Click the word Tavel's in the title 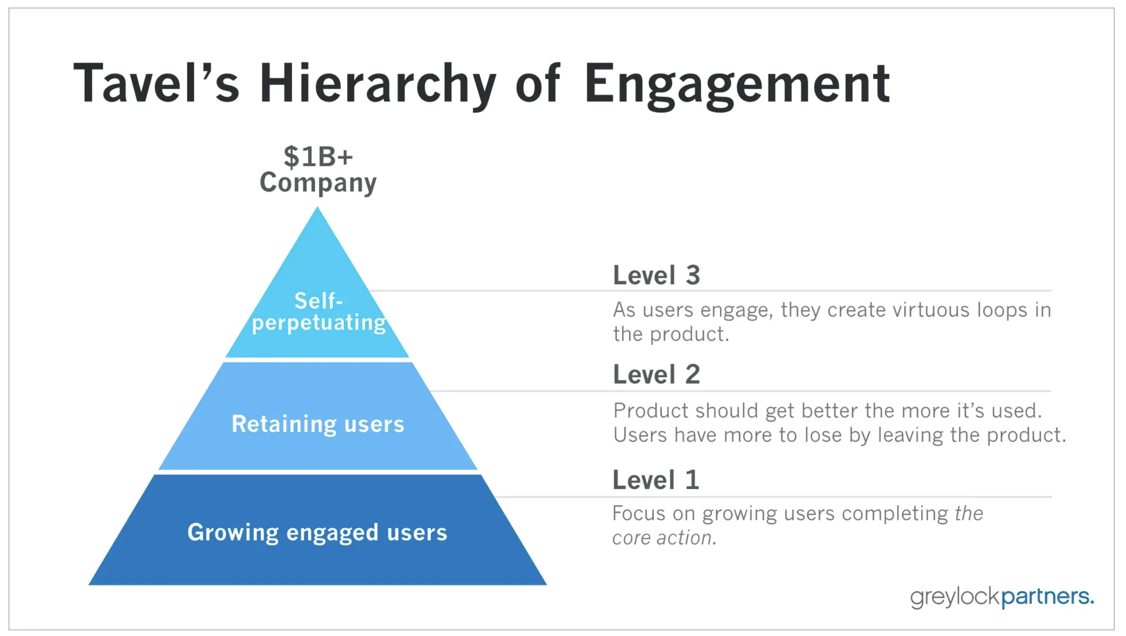coord(156,84)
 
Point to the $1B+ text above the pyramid coord(318,156)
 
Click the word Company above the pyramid coord(318,183)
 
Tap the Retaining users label coord(318,424)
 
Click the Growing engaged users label coord(317,533)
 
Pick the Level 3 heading coord(657,275)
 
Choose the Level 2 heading coord(657,375)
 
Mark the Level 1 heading coord(656,480)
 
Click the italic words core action coord(664,538)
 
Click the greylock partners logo coord(1001,597)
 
